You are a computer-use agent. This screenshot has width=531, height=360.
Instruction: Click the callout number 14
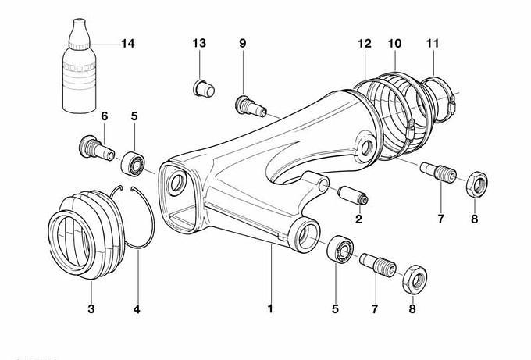click(x=127, y=43)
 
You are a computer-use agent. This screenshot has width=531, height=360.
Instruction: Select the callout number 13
click(x=199, y=42)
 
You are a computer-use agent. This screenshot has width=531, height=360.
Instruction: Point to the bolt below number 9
click(x=248, y=102)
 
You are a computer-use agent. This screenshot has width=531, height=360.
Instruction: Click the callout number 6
click(x=105, y=116)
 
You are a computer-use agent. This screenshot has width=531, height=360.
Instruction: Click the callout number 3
click(x=91, y=309)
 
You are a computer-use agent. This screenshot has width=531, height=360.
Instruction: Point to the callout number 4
click(x=137, y=309)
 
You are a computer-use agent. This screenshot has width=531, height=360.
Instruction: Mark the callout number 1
click(x=270, y=309)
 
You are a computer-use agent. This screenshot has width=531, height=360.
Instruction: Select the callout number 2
click(x=359, y=219)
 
